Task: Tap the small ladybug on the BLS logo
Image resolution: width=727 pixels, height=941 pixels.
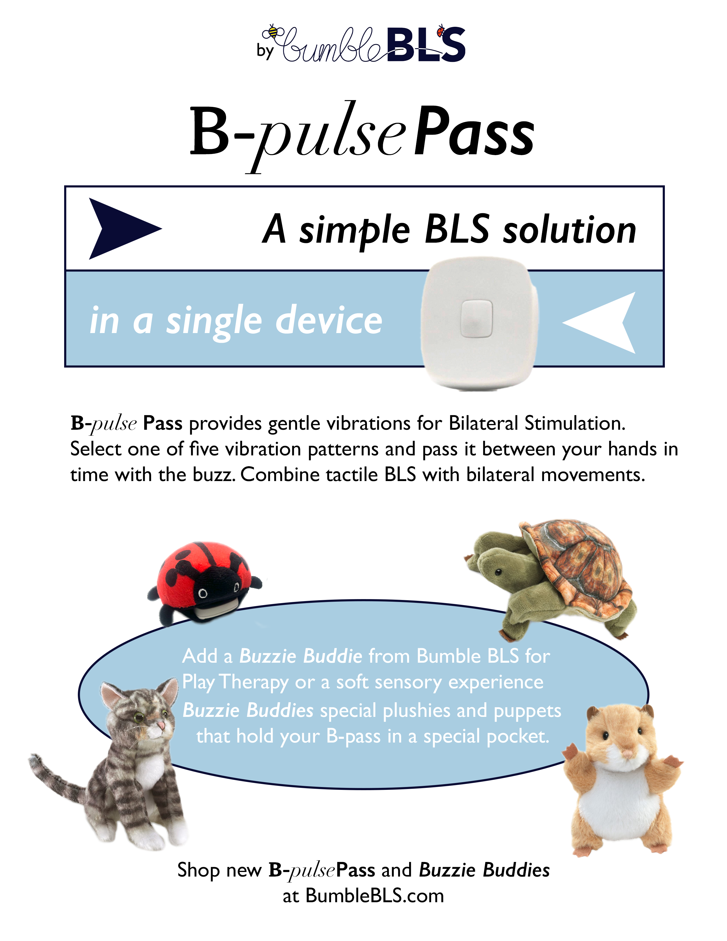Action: (440, 31)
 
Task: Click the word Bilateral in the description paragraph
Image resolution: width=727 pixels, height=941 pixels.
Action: (483, 423)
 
